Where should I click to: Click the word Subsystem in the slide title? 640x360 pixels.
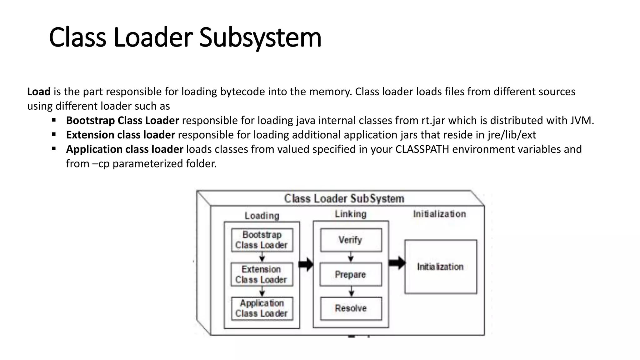(x=260, y=37)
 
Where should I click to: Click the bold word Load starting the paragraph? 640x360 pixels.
(x=39, y=92)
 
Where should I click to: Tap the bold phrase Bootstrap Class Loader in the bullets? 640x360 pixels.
(x=122, y=120)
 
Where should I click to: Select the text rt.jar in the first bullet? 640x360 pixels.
(x=433, y=120)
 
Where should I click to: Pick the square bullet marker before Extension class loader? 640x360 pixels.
(x=54, y=134)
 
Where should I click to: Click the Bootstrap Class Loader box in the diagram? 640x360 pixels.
(x=262, y=240)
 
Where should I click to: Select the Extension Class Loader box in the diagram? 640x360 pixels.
(x=262, y=274)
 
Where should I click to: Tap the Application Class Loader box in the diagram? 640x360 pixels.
(x=262, y=308)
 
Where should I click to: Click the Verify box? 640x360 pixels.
(x=351, y=240)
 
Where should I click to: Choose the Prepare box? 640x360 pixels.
(x=351, y=274)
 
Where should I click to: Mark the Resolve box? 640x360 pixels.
(x=351, y=308)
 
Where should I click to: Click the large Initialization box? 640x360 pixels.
(x=441, y=267)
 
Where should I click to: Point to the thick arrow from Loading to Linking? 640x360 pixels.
(x=306, y=264)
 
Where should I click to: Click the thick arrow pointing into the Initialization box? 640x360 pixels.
(x=397, y=263)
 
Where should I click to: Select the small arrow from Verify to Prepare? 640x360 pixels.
(x=351, y=257)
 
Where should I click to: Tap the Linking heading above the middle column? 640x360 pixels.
(x=351, y=214)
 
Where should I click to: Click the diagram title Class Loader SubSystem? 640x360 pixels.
(x=344, y=198)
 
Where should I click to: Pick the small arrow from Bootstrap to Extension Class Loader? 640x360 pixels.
(x=262, y=257)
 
